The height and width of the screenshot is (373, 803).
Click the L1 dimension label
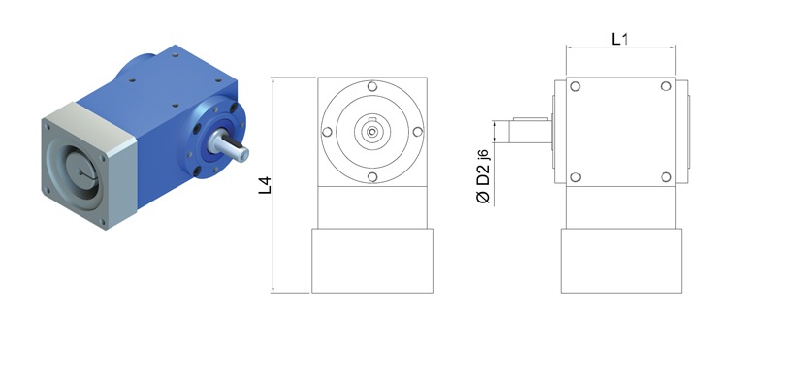click(x=620, y=39)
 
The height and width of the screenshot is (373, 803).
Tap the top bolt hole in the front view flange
click(x=372, y=86)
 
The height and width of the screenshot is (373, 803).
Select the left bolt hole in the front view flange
click(x=327, y=132)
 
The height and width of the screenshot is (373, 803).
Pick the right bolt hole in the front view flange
click(x=418, y=132)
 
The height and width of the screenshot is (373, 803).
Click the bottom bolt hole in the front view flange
click(x=372, y=177)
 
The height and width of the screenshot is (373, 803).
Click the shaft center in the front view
click(x=372, y=132)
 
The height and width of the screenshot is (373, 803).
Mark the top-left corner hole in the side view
click(x=575, y=86)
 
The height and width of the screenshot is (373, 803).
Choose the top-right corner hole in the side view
click(x=666, y=86)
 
